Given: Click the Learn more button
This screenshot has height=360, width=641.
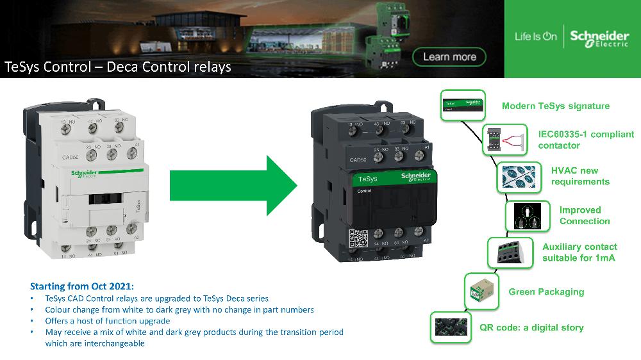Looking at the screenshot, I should [x=449, y=57].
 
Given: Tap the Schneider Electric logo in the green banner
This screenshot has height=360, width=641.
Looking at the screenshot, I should [x=599, y=38].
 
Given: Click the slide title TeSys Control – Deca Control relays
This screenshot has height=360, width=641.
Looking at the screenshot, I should [x=118, y=67].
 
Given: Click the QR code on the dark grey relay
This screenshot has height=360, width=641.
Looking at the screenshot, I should [x=357, y=239].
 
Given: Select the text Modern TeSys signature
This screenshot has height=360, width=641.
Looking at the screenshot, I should [x=556, y=106].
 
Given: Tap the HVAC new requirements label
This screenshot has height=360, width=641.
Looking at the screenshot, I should [x=580, y=176].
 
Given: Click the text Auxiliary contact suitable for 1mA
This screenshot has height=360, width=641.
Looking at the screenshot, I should [x=579, y=252].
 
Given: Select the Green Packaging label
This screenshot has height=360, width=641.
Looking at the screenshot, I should [x=546, y=291].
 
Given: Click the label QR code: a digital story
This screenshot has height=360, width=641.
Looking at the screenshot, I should [x=531, y=327].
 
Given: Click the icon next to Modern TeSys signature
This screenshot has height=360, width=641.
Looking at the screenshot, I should [x=462, y=106].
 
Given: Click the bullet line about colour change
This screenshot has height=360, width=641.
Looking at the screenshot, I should [x=179, y=309].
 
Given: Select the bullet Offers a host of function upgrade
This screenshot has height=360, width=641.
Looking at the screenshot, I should [x=107, y=320].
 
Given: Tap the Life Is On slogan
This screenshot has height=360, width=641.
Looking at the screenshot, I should [x=536, y=37].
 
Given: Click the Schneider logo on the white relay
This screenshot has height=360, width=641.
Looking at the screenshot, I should [x=84, y=174].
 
